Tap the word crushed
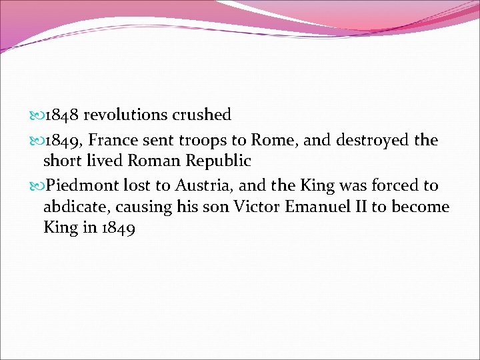click(x=201, y=115)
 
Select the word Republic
click(x=219, y=161)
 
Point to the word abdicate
click(x=71, y=207)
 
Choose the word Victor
click(x=257, y=207)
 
